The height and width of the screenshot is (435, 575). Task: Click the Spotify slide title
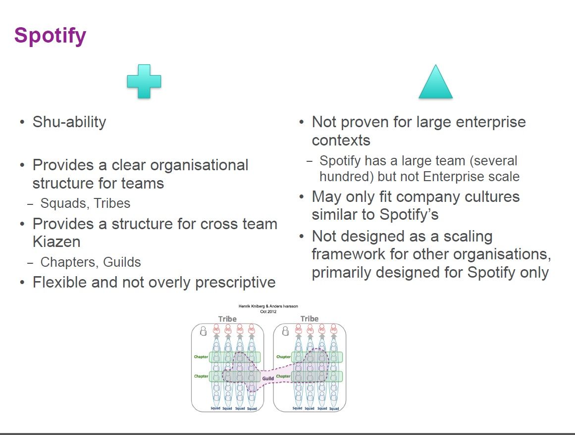point(50,36)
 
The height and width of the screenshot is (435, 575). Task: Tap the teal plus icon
point(144,81)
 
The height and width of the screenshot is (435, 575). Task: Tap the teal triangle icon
point(435,83)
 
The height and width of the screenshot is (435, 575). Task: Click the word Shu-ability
point(69,122)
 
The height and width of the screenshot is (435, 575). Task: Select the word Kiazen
point(56,242)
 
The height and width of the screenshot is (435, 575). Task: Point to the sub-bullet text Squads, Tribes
point(85,203)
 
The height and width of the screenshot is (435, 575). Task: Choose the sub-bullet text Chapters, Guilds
point(91,262)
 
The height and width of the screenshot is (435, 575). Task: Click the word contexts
point(341,141)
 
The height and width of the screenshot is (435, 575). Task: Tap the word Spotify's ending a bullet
point(409,215)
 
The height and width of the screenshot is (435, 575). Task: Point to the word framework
point(352,254)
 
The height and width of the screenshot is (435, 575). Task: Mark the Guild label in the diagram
point(268,379)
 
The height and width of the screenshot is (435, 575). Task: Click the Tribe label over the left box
point(227,319)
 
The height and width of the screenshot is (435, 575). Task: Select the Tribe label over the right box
point(310,319)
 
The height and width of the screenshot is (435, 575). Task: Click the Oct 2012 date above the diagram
point(268,312)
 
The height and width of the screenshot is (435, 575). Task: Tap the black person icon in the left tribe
point(203,331)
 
